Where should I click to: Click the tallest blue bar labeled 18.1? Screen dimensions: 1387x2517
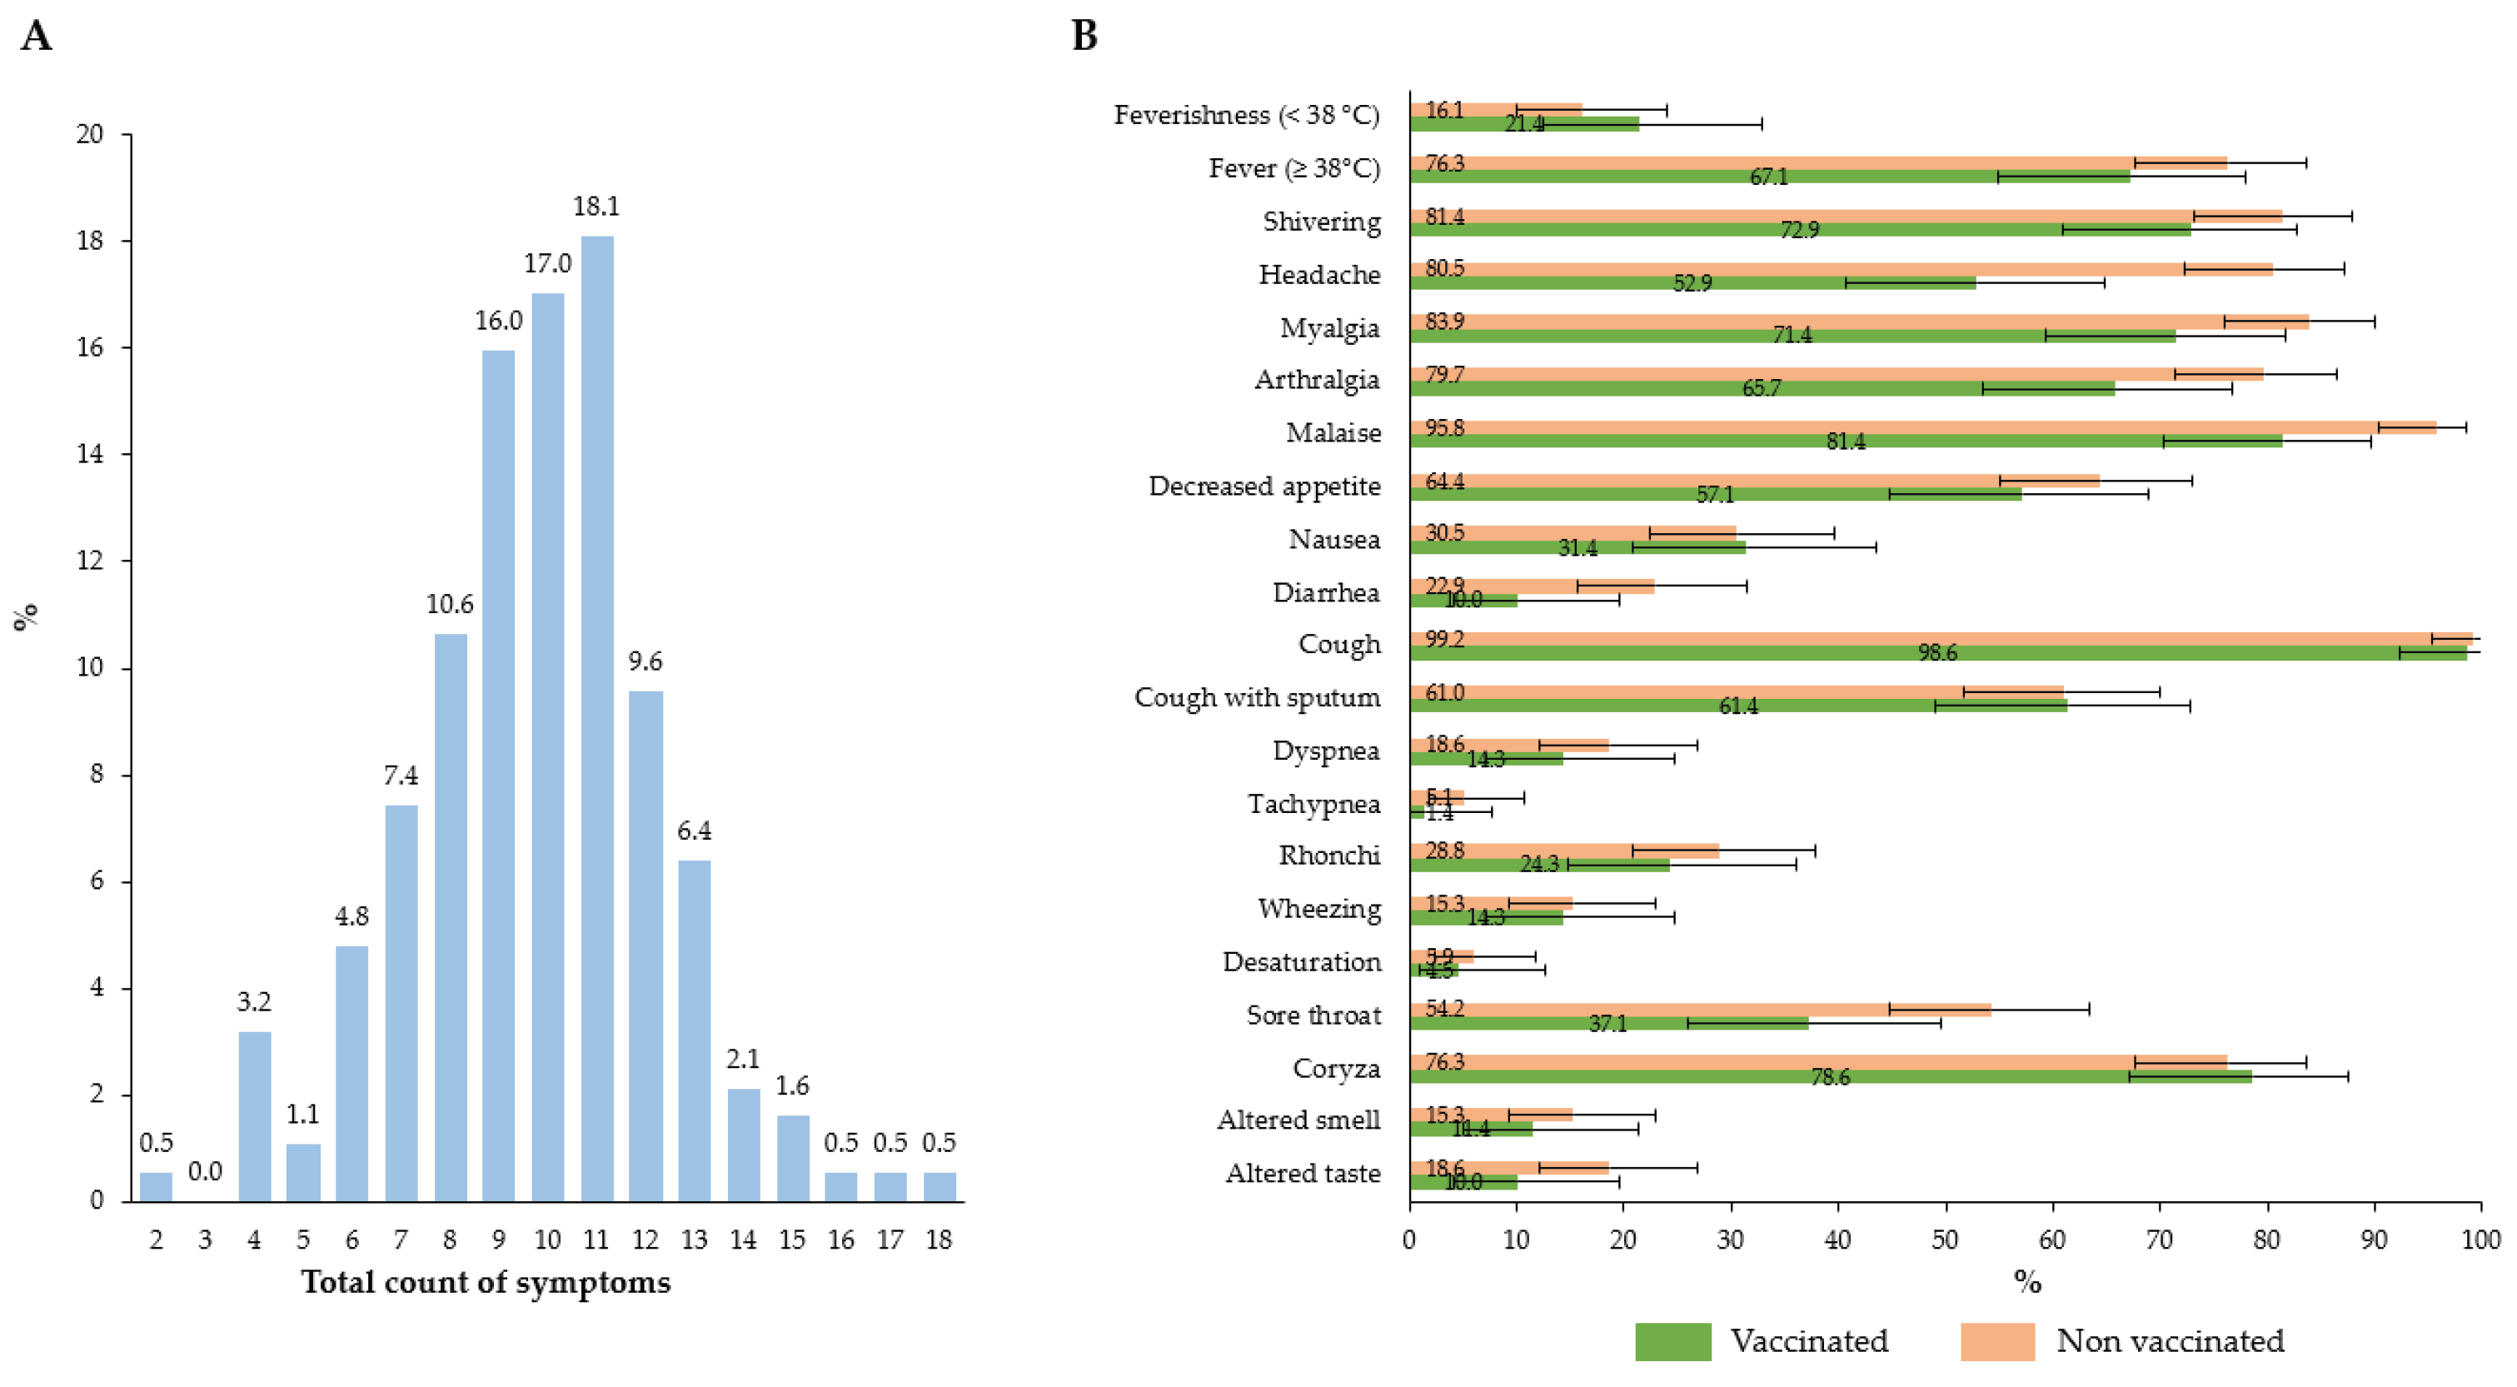(x=597, y=718)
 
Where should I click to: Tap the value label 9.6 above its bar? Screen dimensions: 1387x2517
(x=645, y=661)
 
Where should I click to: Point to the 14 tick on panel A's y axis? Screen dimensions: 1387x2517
(x=90, y=453)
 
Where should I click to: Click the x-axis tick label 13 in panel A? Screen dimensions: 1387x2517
(x=694, y=1240)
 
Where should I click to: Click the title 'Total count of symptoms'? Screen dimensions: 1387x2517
(x=486, y=1281)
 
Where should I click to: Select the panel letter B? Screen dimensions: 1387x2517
(x=1084, y=36)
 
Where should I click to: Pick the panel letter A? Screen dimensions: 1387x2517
(x=36, y=36)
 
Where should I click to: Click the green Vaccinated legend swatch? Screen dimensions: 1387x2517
(x=1672, y=1341)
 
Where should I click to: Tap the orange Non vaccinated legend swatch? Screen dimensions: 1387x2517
(x=1997, y=1341)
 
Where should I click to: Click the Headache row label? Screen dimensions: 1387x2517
(x=1319, y=275)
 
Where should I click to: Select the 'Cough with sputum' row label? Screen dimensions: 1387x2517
(x=1257, y=698)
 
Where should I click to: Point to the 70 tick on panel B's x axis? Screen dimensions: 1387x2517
(x=2158, y=1240)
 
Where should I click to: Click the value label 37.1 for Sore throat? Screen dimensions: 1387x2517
(x=1607, y=1024)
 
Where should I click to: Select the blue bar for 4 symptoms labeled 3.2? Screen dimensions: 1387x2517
(x=254, y=1115)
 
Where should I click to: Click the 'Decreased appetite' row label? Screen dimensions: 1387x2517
(x=1264, y=486)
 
